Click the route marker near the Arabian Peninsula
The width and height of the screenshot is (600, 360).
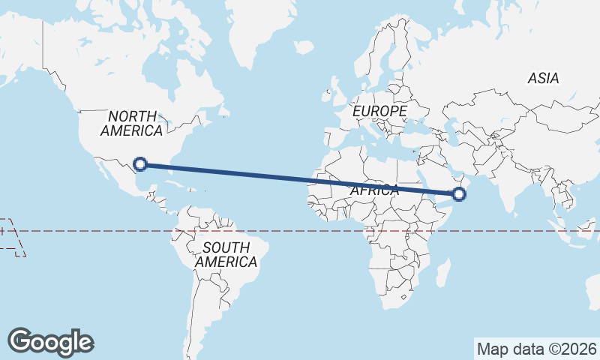click(459, 195)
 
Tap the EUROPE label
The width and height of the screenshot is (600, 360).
click(379, 111)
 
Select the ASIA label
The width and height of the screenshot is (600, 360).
click(543, 78)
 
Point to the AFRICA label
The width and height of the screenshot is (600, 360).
click(374, 190)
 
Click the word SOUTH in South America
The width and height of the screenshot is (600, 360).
click(226, 247)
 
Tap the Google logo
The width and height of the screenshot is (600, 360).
click(50, 342)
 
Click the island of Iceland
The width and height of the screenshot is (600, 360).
click(303, 46)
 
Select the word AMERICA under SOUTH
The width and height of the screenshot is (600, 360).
click(226, 262)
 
